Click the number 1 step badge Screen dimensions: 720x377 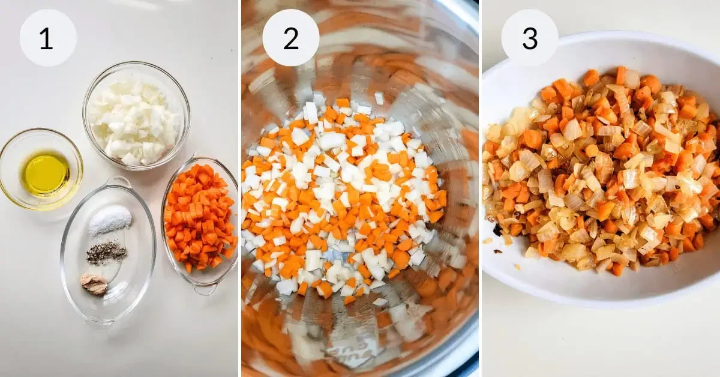tap(48, 38)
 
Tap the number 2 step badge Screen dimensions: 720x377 tap(291, 38)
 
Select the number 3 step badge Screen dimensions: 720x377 tap(530, 38)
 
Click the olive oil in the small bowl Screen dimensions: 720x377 tap(45, 174)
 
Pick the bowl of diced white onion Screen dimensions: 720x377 tap(136, 115)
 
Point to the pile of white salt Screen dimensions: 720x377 tap(110, 221)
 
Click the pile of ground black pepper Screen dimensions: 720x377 tap(106, 253)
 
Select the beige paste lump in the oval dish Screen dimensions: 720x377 tap(93, 285)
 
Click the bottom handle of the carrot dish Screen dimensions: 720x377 tap(205, 289)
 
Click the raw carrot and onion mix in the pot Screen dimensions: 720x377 tap(344, 196)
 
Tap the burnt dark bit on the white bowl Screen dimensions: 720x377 tap(498, 230)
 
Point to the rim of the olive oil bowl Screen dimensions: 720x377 tap(41, 130)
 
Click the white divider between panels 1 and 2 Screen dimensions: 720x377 tap(240, 188)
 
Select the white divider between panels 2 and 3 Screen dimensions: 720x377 tap(481, 188)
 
